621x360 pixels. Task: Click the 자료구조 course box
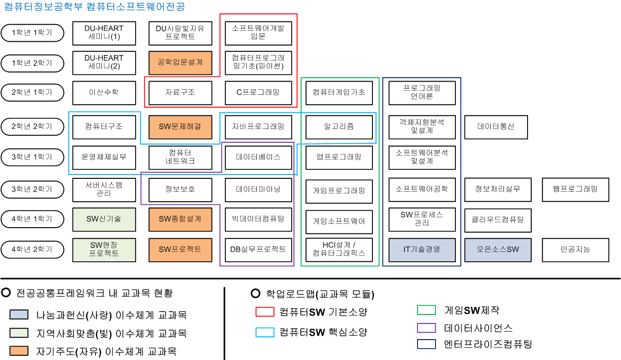pyautogui.click(x=180, y=92)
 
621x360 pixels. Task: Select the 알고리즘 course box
pyautogui.click(x=339, y=127)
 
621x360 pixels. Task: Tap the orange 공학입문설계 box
pyautogui.click(x=180, y=63)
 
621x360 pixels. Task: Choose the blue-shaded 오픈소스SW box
pyautogui.click(x=496, y=249)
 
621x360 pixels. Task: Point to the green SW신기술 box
pyautogui.click(x=104, y=219)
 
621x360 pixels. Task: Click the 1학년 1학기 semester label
pyautogui.click(x=32, y=33)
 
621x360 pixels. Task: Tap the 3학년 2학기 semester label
pyautogui.click(x=32, y=189)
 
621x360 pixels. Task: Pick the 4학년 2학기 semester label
pyautogui.click(x=32, y=249)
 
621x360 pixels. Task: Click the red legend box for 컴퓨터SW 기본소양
pyautogui.click(x=265, y=312)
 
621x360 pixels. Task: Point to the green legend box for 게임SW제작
pyautogui.click(x=426, y=311)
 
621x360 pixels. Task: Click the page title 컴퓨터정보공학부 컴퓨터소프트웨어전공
pyautogui.click(x=94, y=7)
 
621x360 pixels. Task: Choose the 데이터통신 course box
pyautogui.click(x=496, y=127)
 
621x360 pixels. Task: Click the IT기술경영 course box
pyautogui.click(x=422, y=249)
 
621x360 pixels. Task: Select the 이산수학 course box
pyautogui.click(x=104, y=92)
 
